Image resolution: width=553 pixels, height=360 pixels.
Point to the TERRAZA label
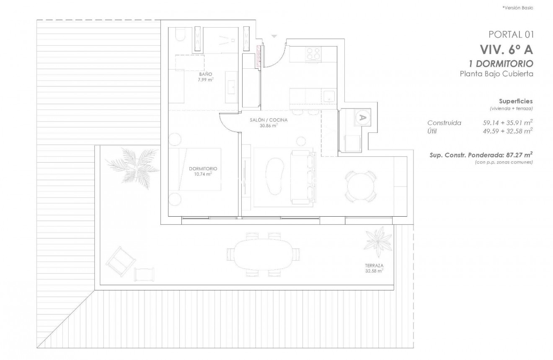pos(374,266)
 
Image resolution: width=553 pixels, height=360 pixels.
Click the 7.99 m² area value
pos(206,79)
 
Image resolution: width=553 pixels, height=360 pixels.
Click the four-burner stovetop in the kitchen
pos(313,54)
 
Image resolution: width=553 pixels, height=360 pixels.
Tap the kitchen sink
pos(329,97)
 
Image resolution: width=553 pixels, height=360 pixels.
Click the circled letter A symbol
pos(362,117)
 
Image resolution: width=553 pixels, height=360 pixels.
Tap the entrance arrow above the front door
pos(274,37)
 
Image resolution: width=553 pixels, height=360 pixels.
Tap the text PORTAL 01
pos(510,34)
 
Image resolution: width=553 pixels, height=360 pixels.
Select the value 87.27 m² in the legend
pos(519,155)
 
